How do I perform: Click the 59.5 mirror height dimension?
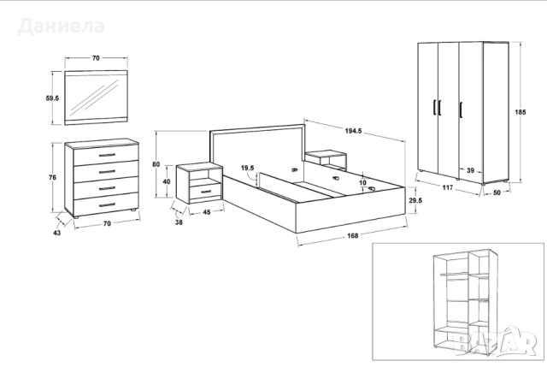pyautogui.click(x=51, y=98)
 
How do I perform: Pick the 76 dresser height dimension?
pyautogui.click(x=53, y=177)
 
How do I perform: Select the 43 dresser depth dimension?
pyautogui.click(x=57, y=231)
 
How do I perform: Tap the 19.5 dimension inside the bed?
pyautogui.click(x=248, y=168)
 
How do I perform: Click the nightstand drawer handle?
pyautogui.click(x=205, y=190)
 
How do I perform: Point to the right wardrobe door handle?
pyautogui.click(x=462, y=107)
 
